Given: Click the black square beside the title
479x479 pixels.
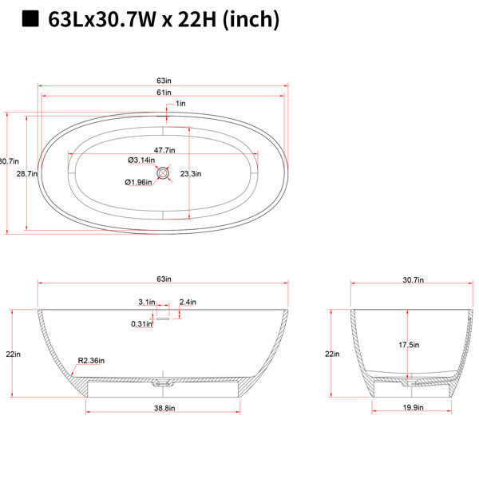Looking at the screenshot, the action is pyautogui.click(x=30, y=19).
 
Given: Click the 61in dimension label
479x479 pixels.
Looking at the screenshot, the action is pyautogui.click(x=164, y=93).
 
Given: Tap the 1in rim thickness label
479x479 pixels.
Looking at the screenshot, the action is pyautogui.click(x=180, y=104).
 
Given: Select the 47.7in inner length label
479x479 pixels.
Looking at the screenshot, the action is pyautogui.click(x=164, y=150).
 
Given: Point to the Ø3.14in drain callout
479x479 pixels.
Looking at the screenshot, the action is pyautogui.click(x=141, y=160).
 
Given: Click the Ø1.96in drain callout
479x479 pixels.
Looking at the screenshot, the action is pyautogui.click(x=138, y=182).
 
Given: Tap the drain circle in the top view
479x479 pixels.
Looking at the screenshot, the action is pyautogui.click(x=163, y=173).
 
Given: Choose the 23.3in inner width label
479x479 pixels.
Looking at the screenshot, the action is pyautogui.click(x=191, y=174).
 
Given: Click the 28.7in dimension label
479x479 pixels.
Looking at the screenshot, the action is pyautogui.click(x=27, y=174).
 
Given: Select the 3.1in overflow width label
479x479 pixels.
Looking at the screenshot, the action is pyautogui.click(x=147, y=302).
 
